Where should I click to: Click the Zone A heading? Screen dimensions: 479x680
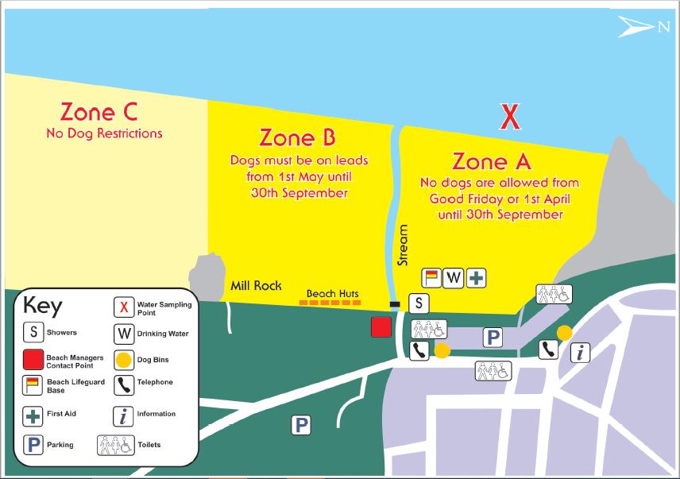[491, 161]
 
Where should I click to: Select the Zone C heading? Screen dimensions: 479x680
[99, 110]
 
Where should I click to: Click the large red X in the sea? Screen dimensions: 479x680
[509, 118]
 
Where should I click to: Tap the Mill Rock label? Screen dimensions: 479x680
[256, 286]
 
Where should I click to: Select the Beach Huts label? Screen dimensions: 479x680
[333, 293]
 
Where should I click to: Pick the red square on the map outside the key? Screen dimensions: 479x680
[381, 327]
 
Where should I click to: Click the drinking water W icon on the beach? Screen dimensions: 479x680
[454, 277]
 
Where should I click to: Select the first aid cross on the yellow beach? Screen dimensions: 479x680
[477, 277]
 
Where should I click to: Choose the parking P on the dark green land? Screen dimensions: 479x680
[300, 425]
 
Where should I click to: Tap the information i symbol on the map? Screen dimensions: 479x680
[581, 353]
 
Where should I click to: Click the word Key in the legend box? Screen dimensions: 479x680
[43, 307]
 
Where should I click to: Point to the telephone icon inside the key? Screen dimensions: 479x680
[124, 385]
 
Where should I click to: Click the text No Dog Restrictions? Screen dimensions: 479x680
[104, 133]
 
